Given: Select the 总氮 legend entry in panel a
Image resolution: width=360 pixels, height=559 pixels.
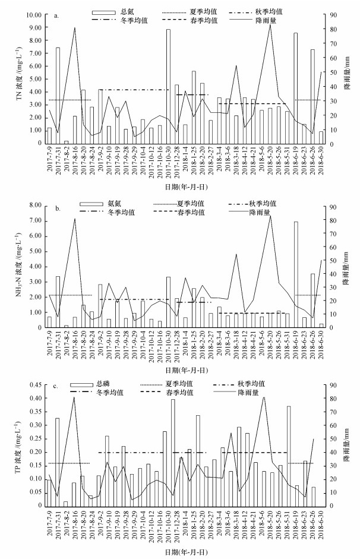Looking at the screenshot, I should click(x=113, y=11).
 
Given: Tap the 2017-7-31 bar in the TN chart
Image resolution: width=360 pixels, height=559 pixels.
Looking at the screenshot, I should click(x=58, y=95).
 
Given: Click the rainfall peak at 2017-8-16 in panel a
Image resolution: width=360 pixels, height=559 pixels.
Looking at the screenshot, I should click(x=75, y=28).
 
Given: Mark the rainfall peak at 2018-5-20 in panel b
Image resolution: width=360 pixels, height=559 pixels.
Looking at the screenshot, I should click(x=270, y=216).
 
